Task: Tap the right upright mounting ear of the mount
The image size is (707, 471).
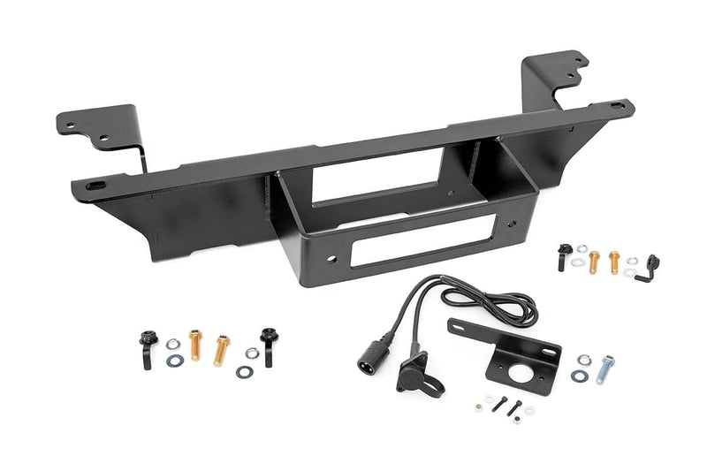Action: tap(557, 74)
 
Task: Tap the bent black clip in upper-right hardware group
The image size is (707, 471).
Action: tap(652, 266)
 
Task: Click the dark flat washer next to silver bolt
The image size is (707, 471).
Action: tap(580, 376)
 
